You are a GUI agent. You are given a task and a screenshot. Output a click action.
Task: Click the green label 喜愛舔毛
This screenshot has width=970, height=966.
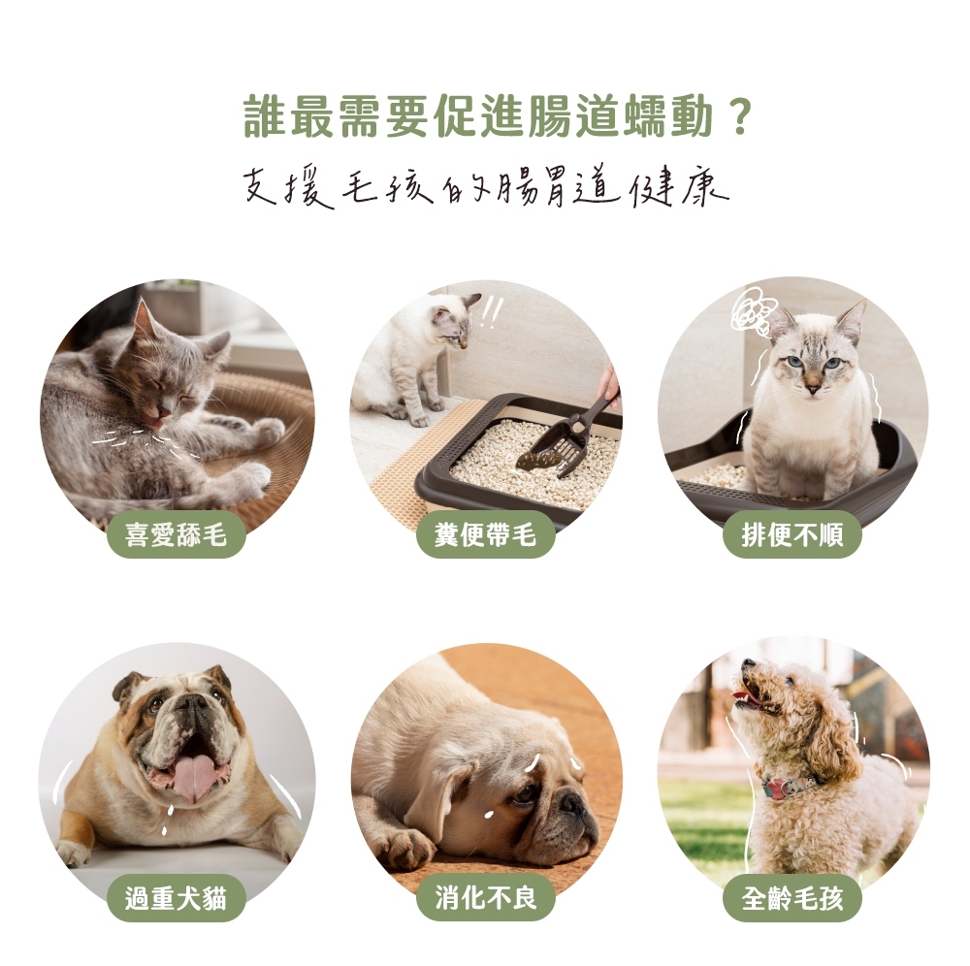pos(177,534)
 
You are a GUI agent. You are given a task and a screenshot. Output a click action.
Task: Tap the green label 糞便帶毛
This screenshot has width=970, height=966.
pos(485,534)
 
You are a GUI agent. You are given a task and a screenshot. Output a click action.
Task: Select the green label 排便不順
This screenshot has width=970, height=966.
pos(792,534)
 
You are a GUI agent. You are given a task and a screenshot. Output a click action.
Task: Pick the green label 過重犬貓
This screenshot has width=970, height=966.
pos(177,898)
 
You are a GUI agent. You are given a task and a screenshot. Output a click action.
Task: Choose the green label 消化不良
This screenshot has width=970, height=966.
pos(485,898)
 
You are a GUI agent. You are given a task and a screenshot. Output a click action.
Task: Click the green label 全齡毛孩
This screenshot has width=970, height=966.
pos(792,898)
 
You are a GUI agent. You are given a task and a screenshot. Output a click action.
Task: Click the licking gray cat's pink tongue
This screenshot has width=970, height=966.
pos(154,422)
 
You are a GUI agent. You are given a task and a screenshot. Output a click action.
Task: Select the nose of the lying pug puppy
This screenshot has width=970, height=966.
pos(571,804)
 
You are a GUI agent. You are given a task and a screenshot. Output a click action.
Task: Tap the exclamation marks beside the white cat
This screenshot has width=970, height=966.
pos(491,313)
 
